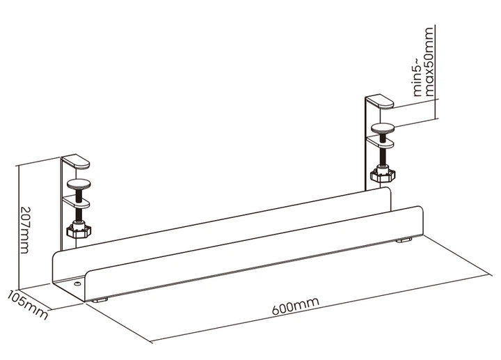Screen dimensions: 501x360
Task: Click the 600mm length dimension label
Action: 296,305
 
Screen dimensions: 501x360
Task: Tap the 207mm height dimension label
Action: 24,230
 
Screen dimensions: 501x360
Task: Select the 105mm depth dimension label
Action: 27,304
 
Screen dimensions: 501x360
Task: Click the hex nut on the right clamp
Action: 383,175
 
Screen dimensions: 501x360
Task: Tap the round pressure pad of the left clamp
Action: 79,184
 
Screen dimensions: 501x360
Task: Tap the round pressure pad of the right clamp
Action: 383,129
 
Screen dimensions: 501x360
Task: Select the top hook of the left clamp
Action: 76,162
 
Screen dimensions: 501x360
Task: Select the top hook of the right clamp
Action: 380,102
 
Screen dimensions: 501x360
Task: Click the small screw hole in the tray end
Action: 77,283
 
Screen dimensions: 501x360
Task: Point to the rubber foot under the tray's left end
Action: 100,301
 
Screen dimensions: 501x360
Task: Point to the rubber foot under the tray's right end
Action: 404,240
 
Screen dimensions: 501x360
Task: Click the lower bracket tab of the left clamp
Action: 77,202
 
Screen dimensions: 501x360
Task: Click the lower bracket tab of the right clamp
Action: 380,143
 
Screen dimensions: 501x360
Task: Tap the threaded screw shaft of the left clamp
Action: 79,205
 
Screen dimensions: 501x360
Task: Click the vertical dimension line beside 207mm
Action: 19,226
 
